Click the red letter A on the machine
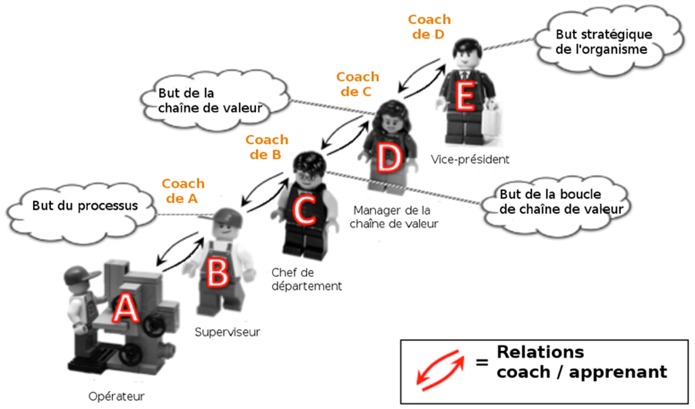point(126,309)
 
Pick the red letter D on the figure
point(388,158)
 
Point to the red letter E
point(463,97)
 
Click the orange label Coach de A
point(183,192)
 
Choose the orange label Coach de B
point(266,147)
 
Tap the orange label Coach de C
point(358,84)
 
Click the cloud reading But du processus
point(84,205)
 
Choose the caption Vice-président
point(475,159)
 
